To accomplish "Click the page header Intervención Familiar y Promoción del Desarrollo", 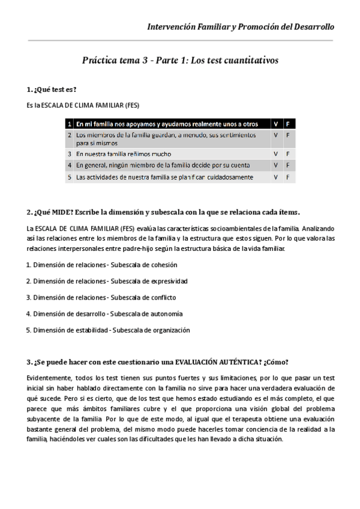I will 241,27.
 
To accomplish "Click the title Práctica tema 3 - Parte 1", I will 180,61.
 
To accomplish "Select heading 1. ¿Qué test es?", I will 52,89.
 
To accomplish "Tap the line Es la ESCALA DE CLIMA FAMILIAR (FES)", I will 83,105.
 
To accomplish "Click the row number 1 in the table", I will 70,124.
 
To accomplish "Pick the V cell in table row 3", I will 275,154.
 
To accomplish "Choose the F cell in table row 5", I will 287,177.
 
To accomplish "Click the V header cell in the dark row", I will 275,124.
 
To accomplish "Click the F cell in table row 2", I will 287,136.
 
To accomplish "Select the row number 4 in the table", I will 70,165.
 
